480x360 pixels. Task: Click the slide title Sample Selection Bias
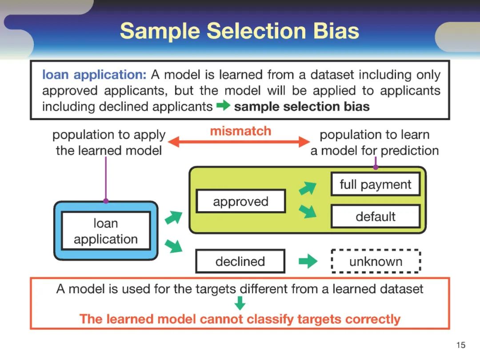240,31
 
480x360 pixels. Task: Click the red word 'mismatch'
240,131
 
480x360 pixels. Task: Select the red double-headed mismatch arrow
240,142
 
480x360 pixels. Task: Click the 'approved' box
240,202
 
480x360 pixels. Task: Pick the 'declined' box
240,261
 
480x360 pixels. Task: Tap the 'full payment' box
375,184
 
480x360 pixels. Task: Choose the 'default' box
375,217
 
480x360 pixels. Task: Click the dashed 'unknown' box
376,261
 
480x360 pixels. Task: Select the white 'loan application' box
106,231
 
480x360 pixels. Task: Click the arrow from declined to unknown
308,261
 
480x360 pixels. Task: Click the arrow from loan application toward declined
173,245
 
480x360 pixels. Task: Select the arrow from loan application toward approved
173,218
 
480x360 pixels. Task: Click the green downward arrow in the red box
240,304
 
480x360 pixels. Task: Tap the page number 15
460,345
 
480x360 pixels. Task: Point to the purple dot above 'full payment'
376,167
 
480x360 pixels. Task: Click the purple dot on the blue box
106,201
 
